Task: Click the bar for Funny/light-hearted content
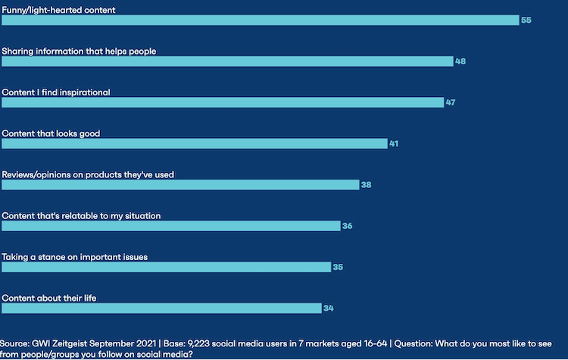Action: click(x=261, y=20)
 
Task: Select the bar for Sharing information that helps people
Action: click(x=227, y=61)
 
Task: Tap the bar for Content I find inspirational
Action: click(x=223, y=102)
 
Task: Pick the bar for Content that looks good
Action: click(x=195, y=143)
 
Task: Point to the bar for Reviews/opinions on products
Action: click(x=180, y=185)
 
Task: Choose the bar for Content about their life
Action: click(x=161, y=308)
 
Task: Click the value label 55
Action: click(x=526, y=20)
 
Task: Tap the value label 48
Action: click(x=460, y=61)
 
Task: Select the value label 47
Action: click(x=451, y=102)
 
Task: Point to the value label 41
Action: click(x=394, y=143)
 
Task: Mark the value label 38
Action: click(x=367, y=185)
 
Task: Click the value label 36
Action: click(x=348, y=226)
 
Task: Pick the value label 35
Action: click(x=338, y=268)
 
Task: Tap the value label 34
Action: click(x=329, y=308)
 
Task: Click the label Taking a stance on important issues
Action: click(x=75, y=257)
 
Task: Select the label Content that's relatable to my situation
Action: click(x=81, y=216)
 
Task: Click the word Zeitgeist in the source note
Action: click(x=70, y=343)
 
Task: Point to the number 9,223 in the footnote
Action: click(x=198, y=343)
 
